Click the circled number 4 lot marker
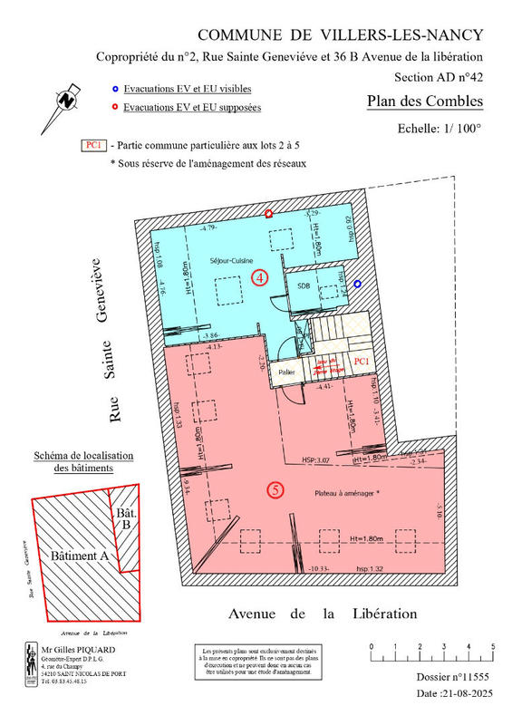[x=260, y=278]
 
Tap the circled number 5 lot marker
[x=276, y=490]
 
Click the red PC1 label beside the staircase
[x=359, y=361]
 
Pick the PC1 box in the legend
[x=92, y=145]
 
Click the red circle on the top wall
[x=269, y=213]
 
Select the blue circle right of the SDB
[x=358, y=284]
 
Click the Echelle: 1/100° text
[x=440, y=129]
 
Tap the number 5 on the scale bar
[x=492, y=646]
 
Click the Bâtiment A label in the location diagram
[x=81, y=555]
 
